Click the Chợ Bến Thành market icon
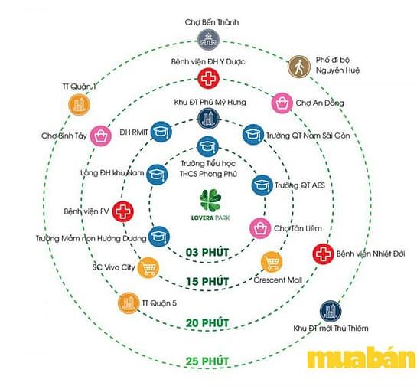[x=208, y=40]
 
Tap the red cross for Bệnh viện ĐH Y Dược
[x=208, y=79]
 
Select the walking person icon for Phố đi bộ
[x=299, y=67]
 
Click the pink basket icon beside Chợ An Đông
[x=282, y=103]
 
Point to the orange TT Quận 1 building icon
[x=79, y=105]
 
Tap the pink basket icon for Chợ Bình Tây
[x=100, y=136]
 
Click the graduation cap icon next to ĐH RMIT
[x=161, y=132]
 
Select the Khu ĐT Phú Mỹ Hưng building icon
[x=208, y=119]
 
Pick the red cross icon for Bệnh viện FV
[x=122, y=211]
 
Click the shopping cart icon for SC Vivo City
[x=148, y=268]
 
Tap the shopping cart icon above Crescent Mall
[x=272, y=262]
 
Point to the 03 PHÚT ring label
[x=207, y=252]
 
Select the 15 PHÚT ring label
[x=207, y=281]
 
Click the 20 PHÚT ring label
[x=207, y=323]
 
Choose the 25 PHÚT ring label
[x=207, y=361]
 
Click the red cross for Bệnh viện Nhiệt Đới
[x=323, y=254]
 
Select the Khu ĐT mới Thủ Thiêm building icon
[x=331, y=312]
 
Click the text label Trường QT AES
[x=300, y=185]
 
